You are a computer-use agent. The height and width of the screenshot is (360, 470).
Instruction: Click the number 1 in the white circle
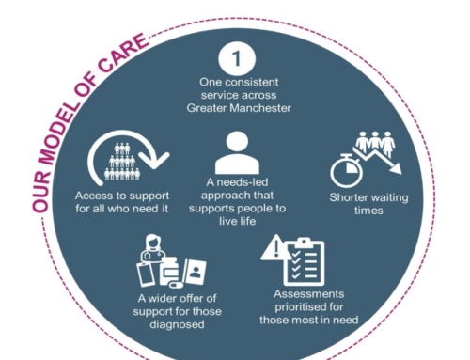(237, 58)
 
